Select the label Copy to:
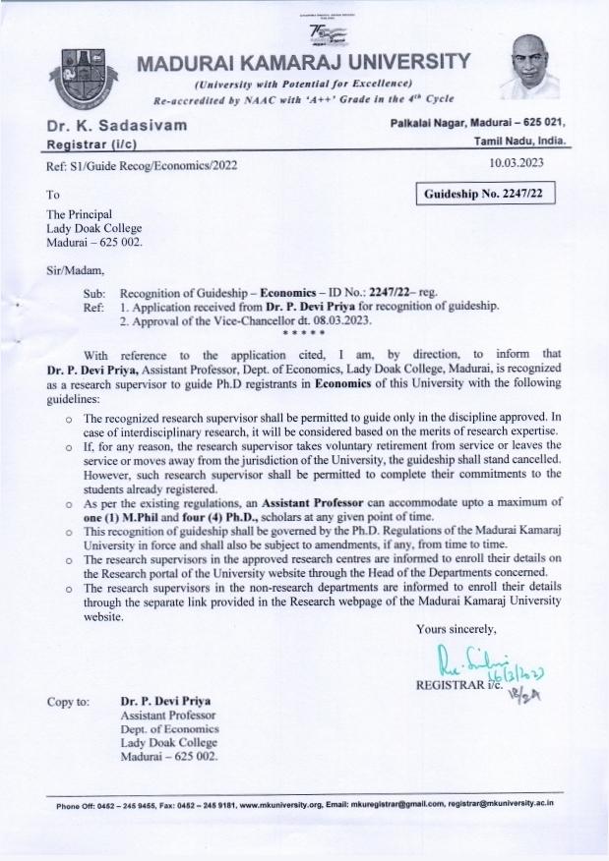click(69, 703)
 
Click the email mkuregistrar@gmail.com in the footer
click(416, 803)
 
